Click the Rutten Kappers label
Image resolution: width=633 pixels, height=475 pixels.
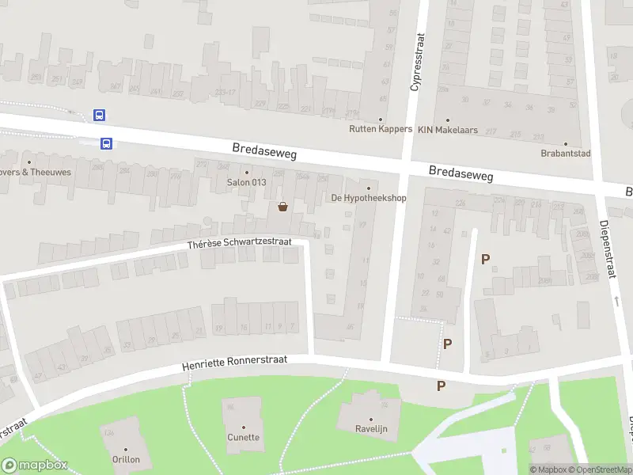pos(381,129)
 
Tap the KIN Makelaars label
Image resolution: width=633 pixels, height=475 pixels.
pos(448,130)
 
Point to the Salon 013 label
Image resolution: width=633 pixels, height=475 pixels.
pos(246,183)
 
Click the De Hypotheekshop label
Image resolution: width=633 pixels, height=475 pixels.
pos(368,198)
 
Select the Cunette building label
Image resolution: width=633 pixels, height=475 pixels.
pos(244,437)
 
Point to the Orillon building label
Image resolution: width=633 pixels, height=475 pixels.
pos(126,459)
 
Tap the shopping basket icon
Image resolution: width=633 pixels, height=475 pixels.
pos(282,207)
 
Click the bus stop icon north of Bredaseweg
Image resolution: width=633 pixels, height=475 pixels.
pos(100,115)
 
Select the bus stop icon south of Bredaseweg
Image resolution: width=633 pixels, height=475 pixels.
pos(106,143)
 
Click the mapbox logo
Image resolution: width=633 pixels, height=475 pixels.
pos(34,465)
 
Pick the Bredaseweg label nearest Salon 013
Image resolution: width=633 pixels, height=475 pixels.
pos(264,151)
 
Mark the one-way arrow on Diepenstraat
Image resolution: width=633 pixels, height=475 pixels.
pos(616,301)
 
